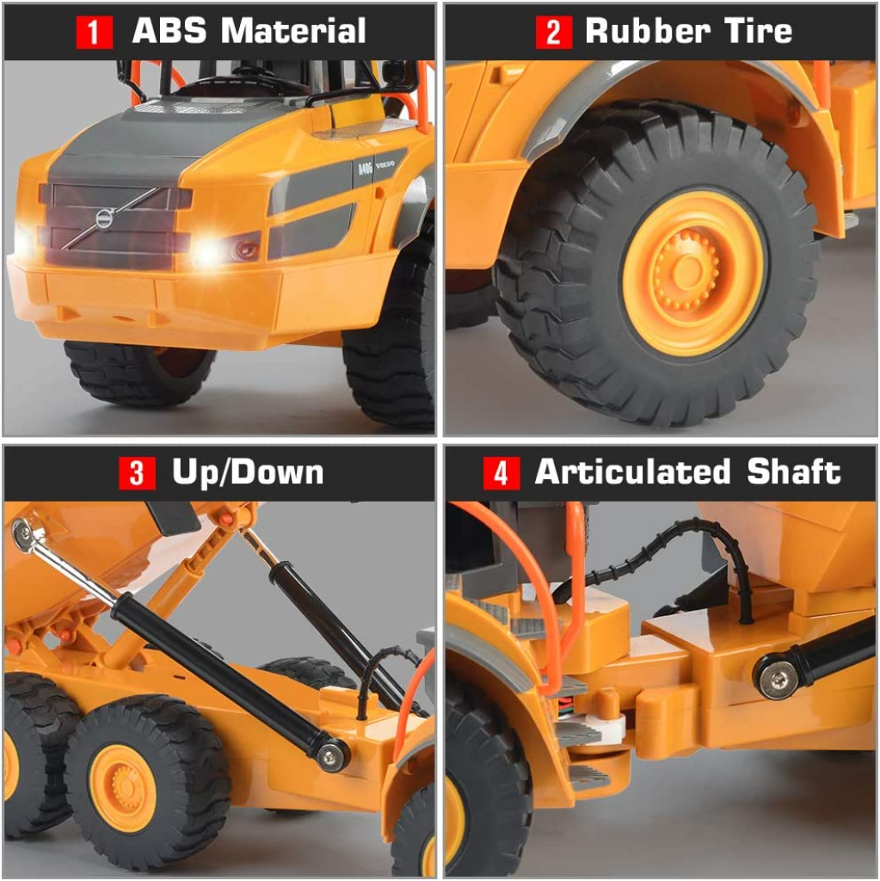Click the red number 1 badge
tap(95, 32)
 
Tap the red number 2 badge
tap(552, 32)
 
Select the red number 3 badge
tap(137, 472)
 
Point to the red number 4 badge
tap(501, 472)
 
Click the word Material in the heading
tap(293, 31)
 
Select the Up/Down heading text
tap(248, 472)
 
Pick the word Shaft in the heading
tap(793, 472)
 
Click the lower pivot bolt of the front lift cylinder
tap(331, 755)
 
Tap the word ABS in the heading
tap(171, 31)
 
